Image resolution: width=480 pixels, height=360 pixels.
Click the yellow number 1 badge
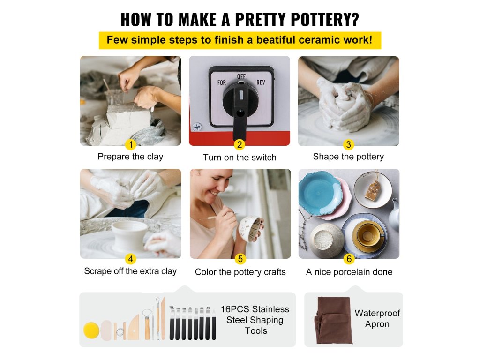pyautogui.click(x=131, y=144)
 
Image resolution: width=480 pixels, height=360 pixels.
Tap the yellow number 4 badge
pyautogui.click(x=131, y=259)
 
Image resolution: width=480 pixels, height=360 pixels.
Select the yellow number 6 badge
pyautogui.click(x=349, y=259)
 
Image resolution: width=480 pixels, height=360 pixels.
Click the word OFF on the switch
pyautogui.click(x=241, y=76)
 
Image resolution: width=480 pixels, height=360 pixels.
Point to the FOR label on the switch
pyautogui.click(x=222, y=82)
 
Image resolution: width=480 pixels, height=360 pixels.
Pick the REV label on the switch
pyautogui.click(x=261, y=82)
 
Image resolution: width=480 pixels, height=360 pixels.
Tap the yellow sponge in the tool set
pyautogui.click(x=91, y=330)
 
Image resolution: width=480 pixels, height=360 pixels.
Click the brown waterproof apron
pyautogui.click(x=333, y=320)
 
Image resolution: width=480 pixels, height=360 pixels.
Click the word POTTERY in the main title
pyautogui.click(x=325, y=19)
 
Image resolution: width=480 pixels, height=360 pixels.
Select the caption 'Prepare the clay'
pyautogui.click(x=130, y=157)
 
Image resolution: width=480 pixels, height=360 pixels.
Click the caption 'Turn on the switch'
pyautogui.click(x=240, y=157)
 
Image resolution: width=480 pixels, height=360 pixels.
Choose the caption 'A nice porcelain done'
pyautogui.click(x=349, y=272)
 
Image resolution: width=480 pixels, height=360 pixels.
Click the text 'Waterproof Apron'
pyautogui.click(x=377, y=318)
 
